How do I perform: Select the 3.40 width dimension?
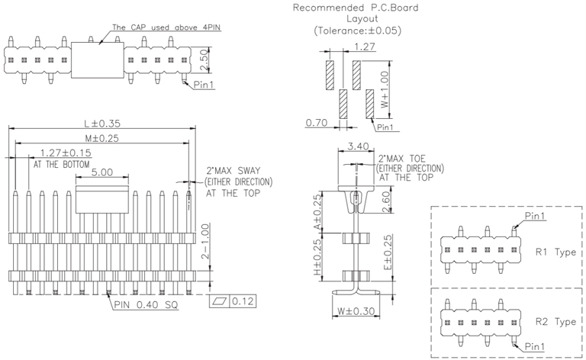click(357, 146)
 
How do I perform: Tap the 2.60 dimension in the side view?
click(388, 202)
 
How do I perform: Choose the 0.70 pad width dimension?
click(317, 122)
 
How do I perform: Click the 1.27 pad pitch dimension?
click(365, 47)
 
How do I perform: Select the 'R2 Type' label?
click(555, 322)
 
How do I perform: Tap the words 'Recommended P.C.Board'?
click(356, 8)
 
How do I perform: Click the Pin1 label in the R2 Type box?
click(534, 347)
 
